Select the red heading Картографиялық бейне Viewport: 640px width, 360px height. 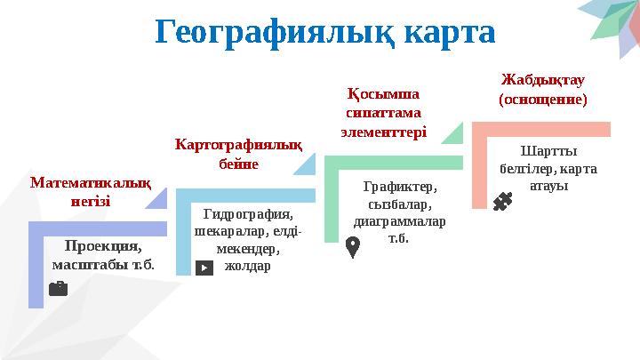tap(238, 153)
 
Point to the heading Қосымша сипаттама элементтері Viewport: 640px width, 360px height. tap(384, 112)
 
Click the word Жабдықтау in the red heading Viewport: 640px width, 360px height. tap(543, 81)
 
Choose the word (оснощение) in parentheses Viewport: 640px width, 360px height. tap(543, 100)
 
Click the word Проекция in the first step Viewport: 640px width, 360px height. tap(104, 246)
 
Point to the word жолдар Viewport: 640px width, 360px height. tap(248, 266)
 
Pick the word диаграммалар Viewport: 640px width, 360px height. tap(400, 221)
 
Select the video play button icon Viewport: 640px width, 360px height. tap(204, 267)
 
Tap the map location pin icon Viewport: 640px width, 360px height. tap(352, 246)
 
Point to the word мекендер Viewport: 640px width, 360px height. tap(248, 249)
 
